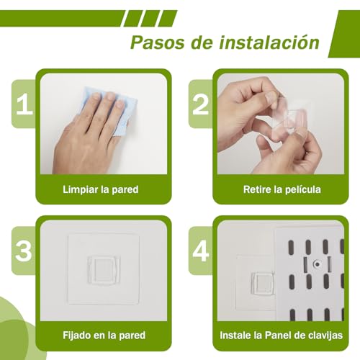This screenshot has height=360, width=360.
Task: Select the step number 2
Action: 200,105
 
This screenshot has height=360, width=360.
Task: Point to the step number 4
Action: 200,251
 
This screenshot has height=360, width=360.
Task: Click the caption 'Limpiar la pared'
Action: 100,190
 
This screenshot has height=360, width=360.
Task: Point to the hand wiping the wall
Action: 83,133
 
